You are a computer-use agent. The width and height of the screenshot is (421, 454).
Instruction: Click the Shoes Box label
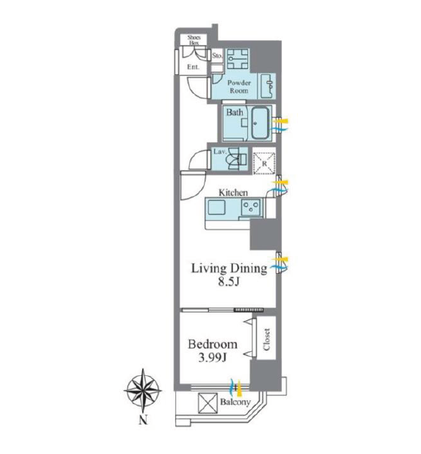click(x=194, y=40)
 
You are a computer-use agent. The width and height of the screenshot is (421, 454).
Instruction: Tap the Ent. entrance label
click(x=193, y=67)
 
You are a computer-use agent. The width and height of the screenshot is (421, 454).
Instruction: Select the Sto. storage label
click(x=217, y=55)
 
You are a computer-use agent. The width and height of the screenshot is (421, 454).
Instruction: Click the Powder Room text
click(x=239, y=87)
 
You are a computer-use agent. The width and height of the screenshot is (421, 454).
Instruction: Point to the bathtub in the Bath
click(x=261, y=123)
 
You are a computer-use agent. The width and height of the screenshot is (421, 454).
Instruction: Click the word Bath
click(x=235, y=112)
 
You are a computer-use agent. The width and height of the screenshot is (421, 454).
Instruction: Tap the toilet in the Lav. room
click(x=238, y=159)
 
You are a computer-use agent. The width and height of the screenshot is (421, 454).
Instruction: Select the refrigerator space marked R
click(x=264, y=163)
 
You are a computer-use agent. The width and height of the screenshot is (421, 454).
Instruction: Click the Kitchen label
click(x=233, y=193)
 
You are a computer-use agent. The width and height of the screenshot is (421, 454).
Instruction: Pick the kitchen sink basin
click(x=216, y=208)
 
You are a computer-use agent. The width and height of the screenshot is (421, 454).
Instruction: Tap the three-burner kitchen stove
click(x=251, y=208)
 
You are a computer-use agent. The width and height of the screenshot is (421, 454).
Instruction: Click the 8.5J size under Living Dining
click(x=229, y=282)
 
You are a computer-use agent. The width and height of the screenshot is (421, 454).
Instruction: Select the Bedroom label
click(x=213, y=344)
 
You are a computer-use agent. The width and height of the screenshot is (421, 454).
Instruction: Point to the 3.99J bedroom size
click(x=212, y=358)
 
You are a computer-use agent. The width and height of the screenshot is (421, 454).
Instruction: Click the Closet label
click(x=266, y=339)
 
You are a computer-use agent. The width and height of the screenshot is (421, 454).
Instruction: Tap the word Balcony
click(x=235, y=402)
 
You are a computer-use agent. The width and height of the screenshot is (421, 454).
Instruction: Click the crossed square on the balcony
click(x=208, y=403)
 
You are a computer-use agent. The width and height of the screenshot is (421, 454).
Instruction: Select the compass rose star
click(x=143, y=390)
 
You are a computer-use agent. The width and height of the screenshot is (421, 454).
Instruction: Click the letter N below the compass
click(x=143, y=419)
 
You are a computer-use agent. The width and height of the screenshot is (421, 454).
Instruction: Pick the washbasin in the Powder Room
click(x=267, y=85)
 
